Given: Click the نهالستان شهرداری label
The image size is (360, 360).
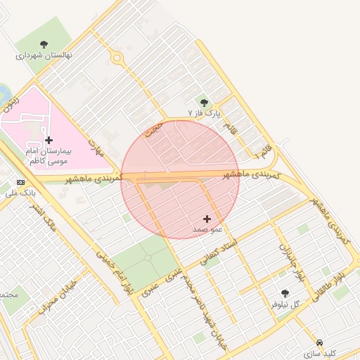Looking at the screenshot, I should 44,54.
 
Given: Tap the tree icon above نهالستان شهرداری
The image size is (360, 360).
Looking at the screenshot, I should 44,44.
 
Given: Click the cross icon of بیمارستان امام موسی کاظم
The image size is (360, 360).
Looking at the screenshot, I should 49,140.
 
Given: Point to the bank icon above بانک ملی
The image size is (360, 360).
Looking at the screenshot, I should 20,182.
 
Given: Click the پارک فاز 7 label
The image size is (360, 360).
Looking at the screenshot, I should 205,112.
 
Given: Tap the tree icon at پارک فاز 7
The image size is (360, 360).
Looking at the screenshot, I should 205,103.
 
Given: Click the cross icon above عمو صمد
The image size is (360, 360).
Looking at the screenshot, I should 207,219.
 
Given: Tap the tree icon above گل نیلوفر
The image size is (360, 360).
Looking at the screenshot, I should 285,294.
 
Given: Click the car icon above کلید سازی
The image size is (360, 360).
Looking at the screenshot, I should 320,342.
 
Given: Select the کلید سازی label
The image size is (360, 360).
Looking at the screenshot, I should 320,352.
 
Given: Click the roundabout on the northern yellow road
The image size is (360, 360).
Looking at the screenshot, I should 117,59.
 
